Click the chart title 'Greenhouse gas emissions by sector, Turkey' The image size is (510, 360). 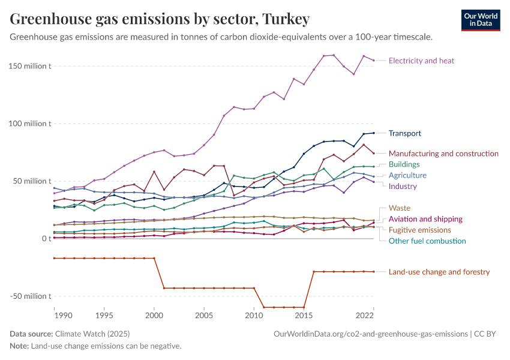point(160,19)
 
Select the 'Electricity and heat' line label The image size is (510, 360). point(421,61)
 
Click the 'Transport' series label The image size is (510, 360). point(404,133)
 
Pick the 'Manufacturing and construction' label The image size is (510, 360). point(443,154)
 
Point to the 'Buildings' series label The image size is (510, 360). point(404,164)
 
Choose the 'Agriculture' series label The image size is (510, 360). point(407,175)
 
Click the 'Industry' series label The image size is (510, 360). point(403,186)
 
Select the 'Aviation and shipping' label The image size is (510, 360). point(425,219)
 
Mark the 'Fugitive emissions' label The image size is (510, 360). point(419,230)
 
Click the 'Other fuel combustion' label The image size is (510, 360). point(427,241)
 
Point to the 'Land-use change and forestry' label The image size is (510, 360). point(439,272)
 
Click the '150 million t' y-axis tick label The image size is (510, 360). point(31,66)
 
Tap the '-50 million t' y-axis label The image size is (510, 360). point(31,296)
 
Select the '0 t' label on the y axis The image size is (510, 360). point(45,239)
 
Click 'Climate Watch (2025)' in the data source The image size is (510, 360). point(92,334)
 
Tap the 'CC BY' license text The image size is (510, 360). point(487,334)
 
